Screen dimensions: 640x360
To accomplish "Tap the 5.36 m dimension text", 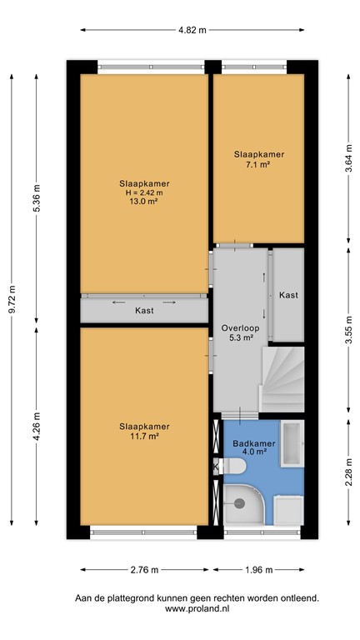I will point(36,197).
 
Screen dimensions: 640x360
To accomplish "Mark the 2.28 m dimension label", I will point(347,476).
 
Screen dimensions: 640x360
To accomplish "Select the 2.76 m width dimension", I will point(144,570).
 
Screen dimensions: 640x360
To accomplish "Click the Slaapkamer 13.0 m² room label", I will point(143,194).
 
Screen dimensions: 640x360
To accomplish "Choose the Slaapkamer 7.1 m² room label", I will point(258,159).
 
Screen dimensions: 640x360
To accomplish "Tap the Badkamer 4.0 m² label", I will point(249,447).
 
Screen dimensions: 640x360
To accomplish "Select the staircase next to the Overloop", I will point(283,380).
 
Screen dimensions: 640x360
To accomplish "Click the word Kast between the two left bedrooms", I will point(144,311).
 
